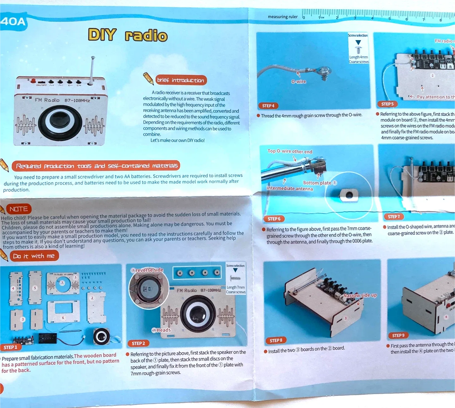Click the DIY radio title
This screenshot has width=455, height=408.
tap(128, 35)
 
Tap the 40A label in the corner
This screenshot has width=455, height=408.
tap(13, 21)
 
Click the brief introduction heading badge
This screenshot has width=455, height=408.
tap(181, 80)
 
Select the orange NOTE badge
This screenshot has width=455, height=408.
tap(19, 209)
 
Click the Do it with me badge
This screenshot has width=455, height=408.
tap(34, 256)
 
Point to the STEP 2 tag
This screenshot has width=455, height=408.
tap(138, 343)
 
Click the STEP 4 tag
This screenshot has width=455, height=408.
tap(268, 106)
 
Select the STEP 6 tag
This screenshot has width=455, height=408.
tap(274, 219)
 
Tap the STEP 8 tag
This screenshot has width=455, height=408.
tap(276, 340)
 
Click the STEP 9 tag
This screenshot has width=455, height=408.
tap(398, 335)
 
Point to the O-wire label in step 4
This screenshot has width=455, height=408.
tap(299, 82)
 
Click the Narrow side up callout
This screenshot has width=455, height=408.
tap(360, 295)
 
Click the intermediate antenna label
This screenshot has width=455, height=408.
tap(290, 189)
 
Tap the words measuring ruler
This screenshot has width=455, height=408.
tap(282, 17)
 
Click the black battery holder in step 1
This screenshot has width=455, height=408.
tap(48, 338)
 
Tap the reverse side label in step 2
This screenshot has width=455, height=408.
tap(147, 270)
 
